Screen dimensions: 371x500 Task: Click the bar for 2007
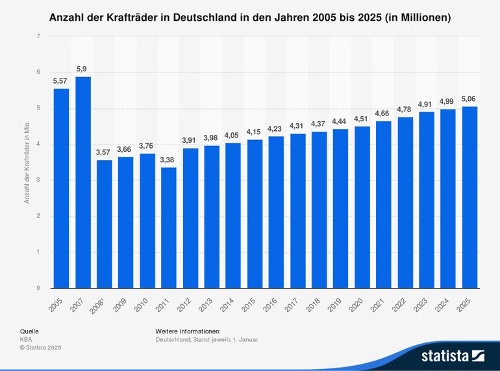click(83, 182)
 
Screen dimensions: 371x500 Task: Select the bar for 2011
click(169, 228)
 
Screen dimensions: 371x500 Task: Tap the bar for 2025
click(469, 197)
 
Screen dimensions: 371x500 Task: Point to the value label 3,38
click(169, 160)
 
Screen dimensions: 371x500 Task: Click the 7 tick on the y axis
click(38, 37)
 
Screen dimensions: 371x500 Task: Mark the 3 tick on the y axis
click(38, 180)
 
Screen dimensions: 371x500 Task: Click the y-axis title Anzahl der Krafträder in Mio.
click(27, 162)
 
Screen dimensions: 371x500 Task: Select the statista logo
click(453, 355)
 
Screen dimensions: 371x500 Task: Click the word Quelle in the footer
click(29, 331)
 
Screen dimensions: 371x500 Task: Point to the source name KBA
click(26, 339)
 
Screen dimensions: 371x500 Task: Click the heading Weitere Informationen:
click(188, 331)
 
